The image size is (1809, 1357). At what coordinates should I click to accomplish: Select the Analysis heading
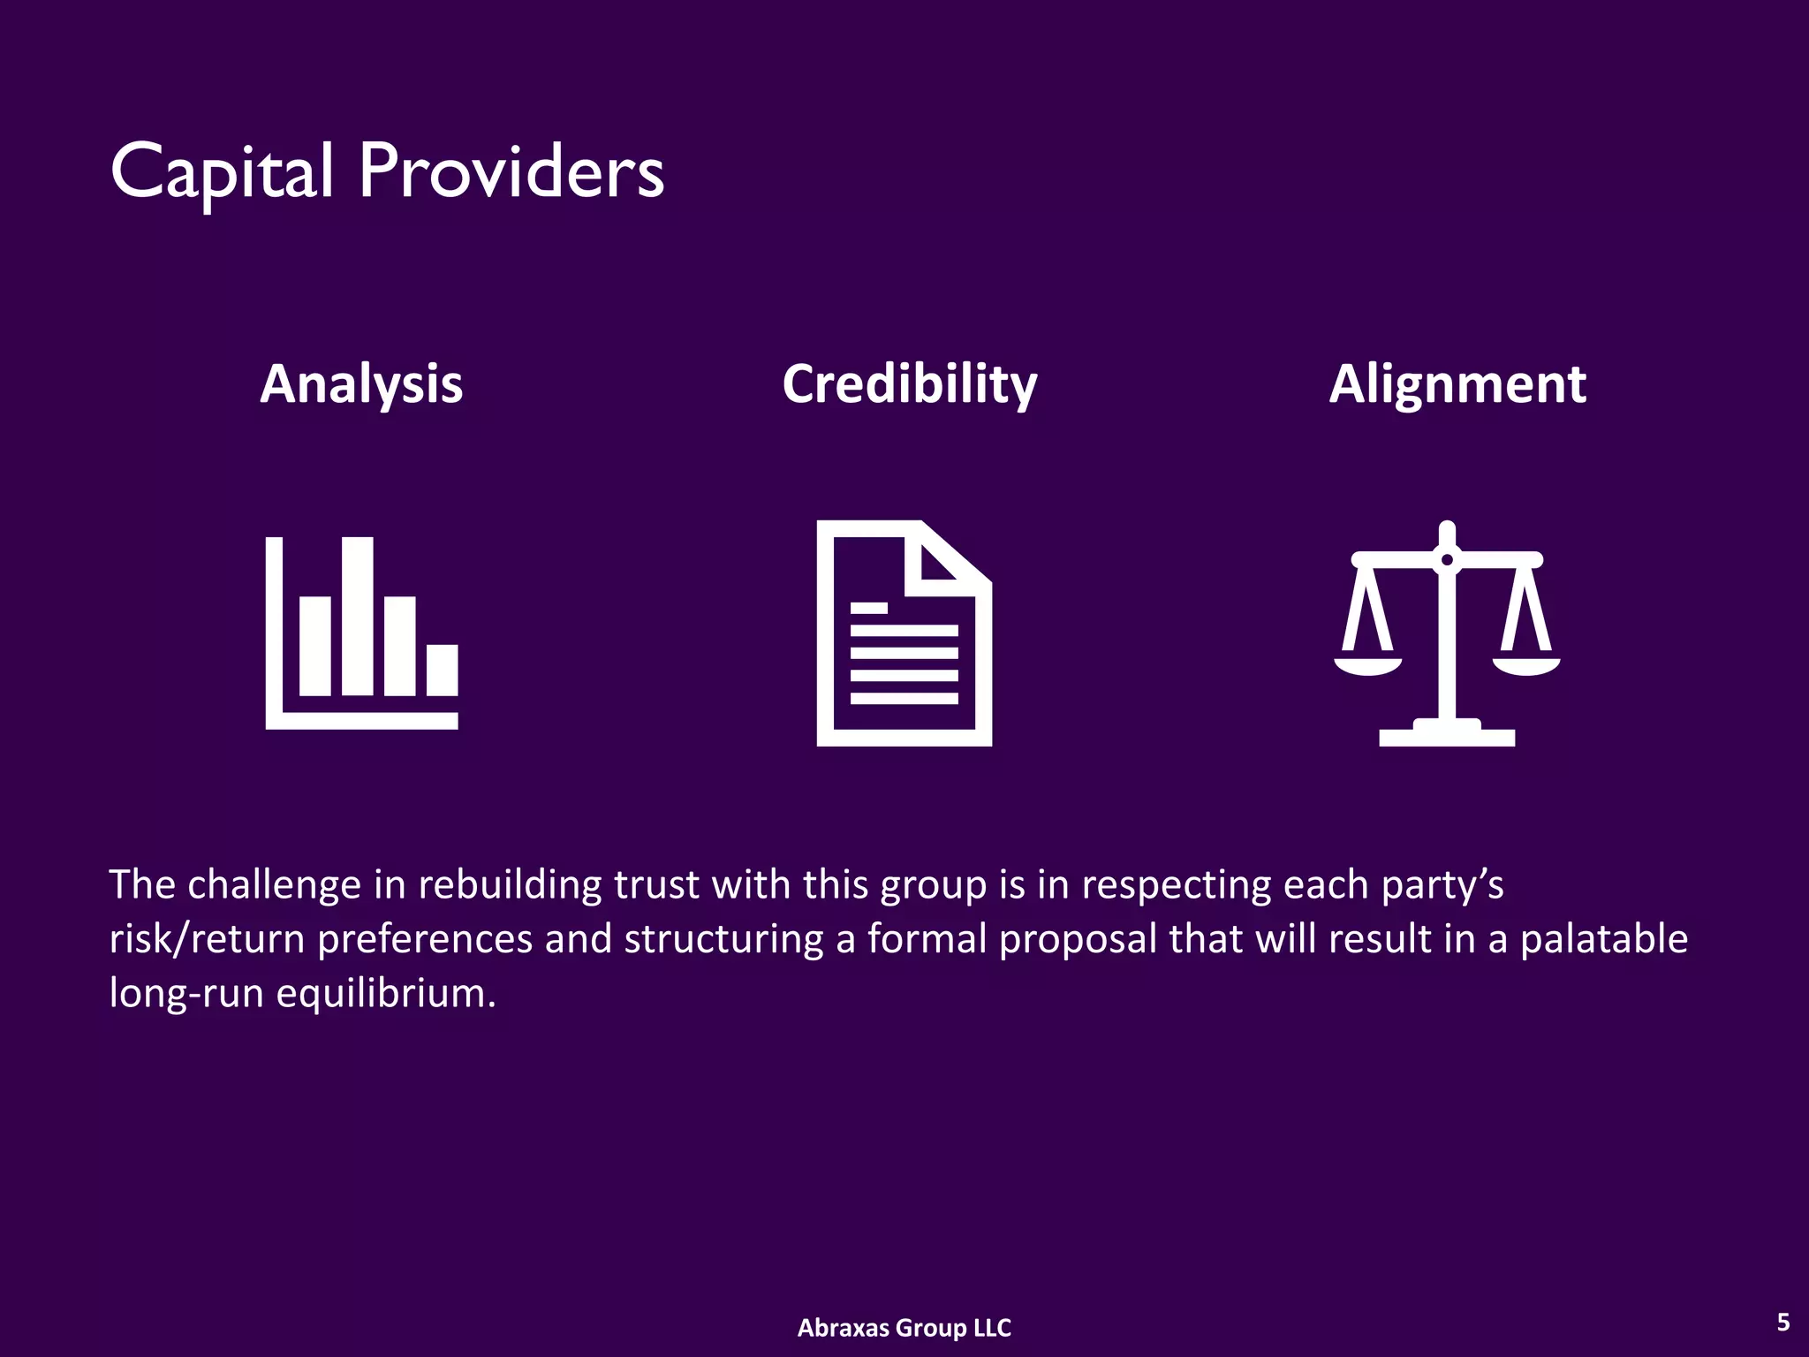click(x=361, y=384)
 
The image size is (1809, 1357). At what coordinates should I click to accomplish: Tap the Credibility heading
click(x=910, y=384)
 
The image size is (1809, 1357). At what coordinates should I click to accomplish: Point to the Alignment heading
click(x=1457, y=384)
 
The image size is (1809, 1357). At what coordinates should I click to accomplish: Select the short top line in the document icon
click(x=868, y=608)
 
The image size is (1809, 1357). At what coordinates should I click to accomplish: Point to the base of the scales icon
click(x=1447, y=736)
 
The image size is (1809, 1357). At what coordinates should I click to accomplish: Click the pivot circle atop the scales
click(x=1447, y=559)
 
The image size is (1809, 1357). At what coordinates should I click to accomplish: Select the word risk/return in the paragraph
click(x=207, y=938)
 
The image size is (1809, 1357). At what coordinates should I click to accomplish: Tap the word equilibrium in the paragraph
click(x=386, y=993)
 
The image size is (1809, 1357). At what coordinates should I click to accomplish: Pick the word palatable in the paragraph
click(x=1603, y=938)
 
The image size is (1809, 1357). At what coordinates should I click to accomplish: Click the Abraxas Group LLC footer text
click(x=904, y=1327)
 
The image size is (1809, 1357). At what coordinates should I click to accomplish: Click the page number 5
click(x=1783, y=1322)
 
